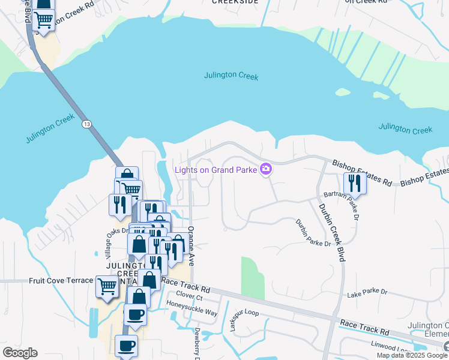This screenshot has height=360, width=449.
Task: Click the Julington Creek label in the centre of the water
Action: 231,76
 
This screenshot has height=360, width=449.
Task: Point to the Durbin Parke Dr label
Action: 313,233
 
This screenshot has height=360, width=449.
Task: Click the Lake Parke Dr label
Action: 367,292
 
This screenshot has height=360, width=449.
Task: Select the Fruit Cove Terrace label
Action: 61,280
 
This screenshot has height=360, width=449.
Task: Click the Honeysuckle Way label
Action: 191,312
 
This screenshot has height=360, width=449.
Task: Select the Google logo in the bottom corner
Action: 20,352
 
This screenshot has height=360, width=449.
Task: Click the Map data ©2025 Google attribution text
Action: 412,355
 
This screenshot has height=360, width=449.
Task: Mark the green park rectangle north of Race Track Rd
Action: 253,278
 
